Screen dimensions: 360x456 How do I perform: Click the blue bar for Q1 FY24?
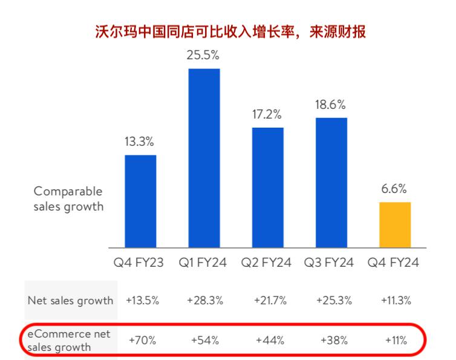point(204,159)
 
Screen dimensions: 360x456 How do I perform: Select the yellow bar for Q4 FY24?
point(395,224)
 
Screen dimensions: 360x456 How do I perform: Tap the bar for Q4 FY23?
point(140,201)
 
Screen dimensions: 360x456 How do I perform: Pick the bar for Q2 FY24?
point(267,188)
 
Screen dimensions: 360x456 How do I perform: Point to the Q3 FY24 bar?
point(331,183)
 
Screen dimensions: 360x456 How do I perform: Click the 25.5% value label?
point(204,56)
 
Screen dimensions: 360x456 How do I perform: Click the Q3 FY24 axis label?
point(331,263)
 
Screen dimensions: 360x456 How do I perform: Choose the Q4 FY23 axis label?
point(140,263)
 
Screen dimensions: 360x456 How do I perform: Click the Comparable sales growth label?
point(68,198)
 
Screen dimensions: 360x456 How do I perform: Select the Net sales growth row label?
point(70,300)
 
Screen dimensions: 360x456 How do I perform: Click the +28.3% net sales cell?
point(204,300)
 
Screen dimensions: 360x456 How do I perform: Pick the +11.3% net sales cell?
point(395,300)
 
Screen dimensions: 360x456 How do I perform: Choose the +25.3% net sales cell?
point(331,300)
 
